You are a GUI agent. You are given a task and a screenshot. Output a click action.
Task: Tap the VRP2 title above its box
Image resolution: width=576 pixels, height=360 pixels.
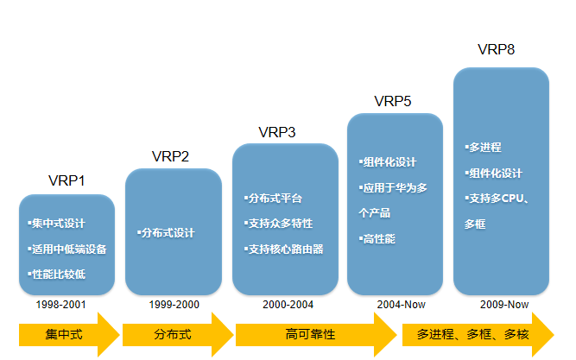tap(170, 156)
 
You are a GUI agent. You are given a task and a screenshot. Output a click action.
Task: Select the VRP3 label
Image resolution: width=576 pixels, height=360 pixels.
tap(276, 132)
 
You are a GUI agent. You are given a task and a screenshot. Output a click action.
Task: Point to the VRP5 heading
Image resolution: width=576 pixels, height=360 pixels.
tap(392, 101)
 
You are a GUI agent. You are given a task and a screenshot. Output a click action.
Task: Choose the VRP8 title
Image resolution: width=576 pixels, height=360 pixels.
tap(496, 49)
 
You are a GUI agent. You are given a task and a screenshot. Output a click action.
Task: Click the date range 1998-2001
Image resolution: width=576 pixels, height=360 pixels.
tap(60, 305)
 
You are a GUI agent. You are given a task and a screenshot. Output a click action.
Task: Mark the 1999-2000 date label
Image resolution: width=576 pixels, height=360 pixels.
tap(174, 305)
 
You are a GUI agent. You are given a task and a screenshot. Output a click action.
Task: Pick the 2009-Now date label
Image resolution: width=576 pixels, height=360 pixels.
tap(504, 305)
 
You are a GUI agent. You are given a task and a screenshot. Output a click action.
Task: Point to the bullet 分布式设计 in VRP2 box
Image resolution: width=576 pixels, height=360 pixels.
tap(167, 233)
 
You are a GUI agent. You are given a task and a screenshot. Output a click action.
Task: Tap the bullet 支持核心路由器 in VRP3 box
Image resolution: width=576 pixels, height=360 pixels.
tap(285, 249)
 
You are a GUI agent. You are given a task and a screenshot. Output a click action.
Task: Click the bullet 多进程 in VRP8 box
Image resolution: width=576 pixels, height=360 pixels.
tap(483, 148)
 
